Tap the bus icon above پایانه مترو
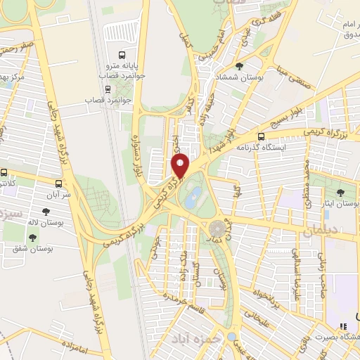(x=122, y=55)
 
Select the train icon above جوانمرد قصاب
(x=108, y=89)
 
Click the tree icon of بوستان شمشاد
(x=240, y=65)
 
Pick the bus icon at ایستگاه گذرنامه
(x=262, y=137)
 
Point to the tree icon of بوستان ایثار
(x=341, y=191)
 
